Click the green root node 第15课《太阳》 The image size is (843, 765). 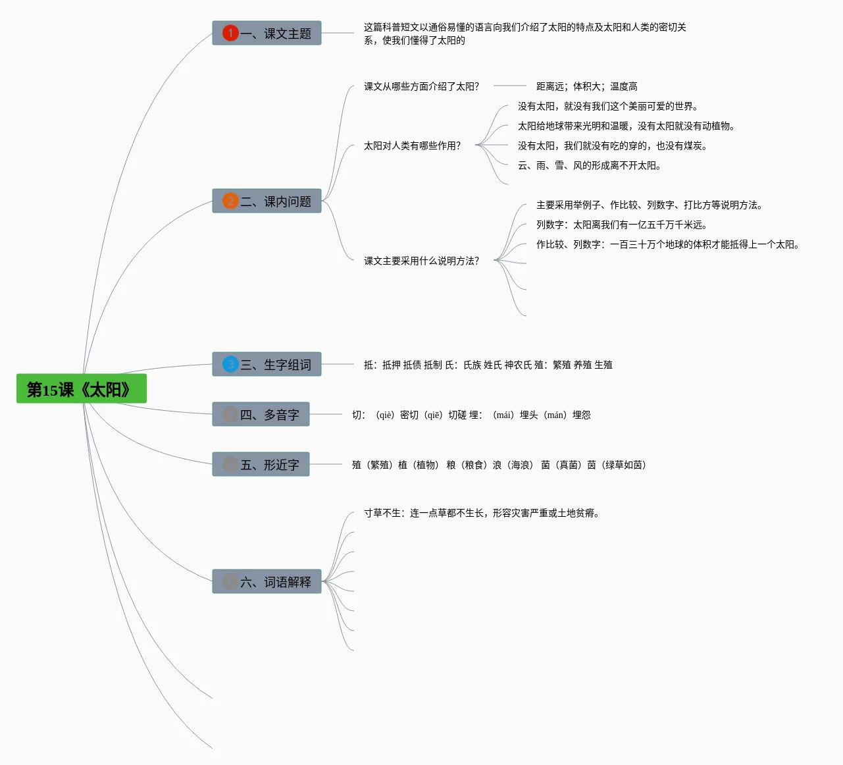81,389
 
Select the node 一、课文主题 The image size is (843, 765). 267,33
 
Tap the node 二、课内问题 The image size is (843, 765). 267,201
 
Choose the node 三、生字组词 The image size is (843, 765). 267,364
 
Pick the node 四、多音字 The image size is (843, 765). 261,414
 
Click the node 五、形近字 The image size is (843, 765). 261,464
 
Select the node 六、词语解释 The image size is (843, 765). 267,581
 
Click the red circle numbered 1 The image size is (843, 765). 230,33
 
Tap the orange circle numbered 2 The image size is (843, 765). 230,201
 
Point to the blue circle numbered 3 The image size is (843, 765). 230,364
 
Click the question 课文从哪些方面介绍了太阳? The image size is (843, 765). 421,86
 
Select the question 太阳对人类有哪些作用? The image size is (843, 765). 412,145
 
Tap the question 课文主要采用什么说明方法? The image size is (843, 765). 421,261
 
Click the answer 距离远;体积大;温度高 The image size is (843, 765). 586,86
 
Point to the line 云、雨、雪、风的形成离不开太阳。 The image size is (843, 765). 589,165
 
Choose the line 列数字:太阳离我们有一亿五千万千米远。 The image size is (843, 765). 621,224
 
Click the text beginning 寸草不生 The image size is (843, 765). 482,513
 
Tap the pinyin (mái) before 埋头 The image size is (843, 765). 503,415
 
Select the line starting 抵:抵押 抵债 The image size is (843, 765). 488,365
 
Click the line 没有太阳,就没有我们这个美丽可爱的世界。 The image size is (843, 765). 607,106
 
